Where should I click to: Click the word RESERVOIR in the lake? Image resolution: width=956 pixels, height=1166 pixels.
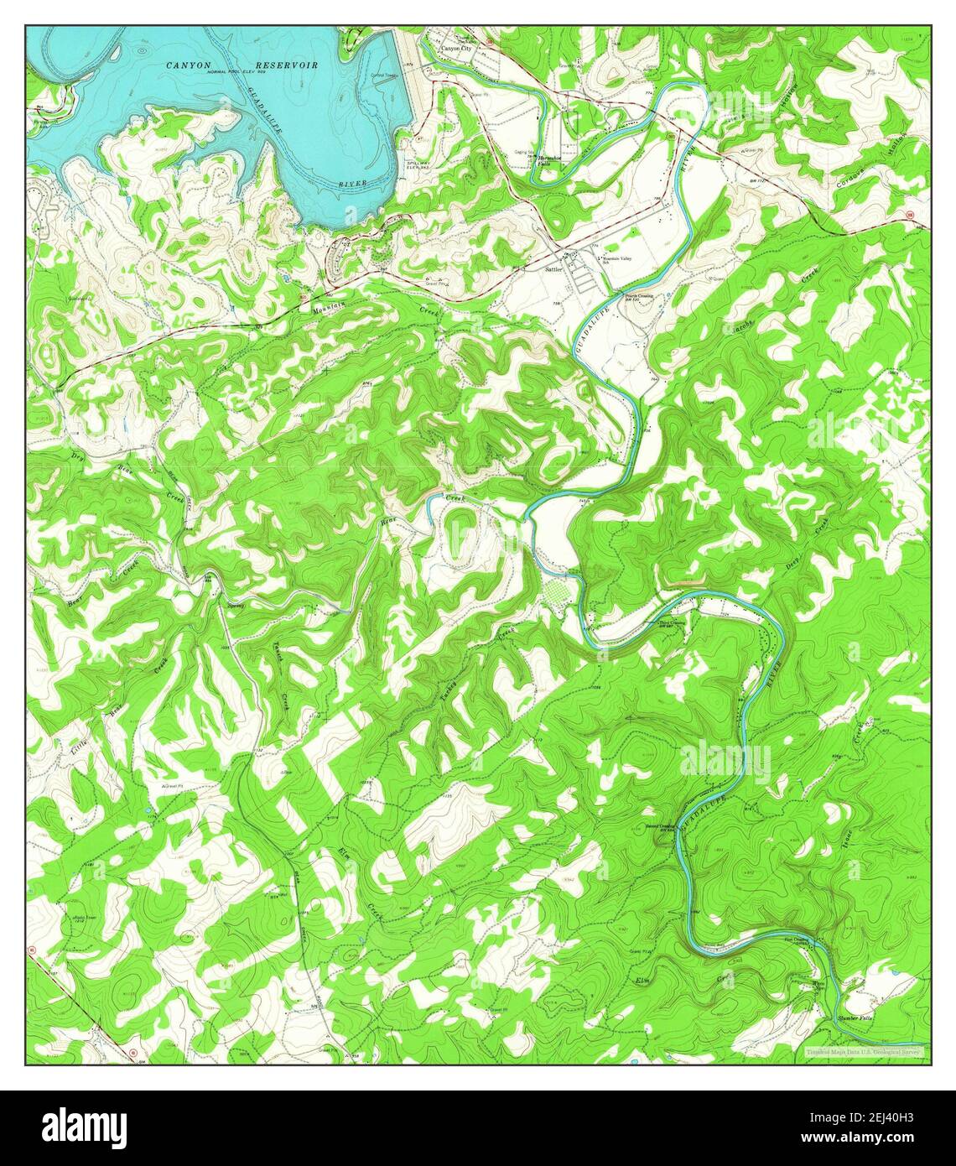pyautogui.click(x=287, y=65)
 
